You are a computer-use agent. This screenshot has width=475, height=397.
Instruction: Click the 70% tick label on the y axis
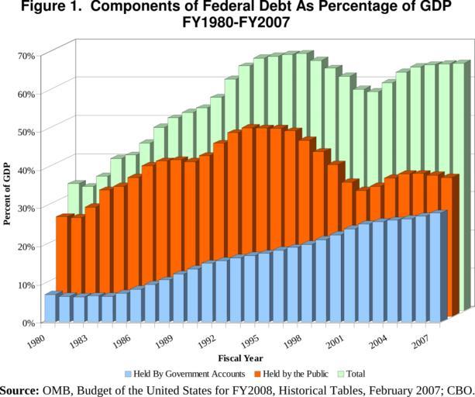[x=26, y=55]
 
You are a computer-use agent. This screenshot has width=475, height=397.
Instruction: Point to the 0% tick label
[x=28, y=322]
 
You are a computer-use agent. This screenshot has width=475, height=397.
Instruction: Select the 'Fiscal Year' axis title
[x=239, y=358]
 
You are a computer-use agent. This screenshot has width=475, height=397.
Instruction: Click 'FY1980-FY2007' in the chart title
[x=236, y=24]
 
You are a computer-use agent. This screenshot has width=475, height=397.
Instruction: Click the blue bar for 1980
[x=50, y=308]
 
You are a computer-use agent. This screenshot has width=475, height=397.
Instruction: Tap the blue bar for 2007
[x=435, y=266]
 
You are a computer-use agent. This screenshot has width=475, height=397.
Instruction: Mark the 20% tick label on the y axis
[x=26, y=246]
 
